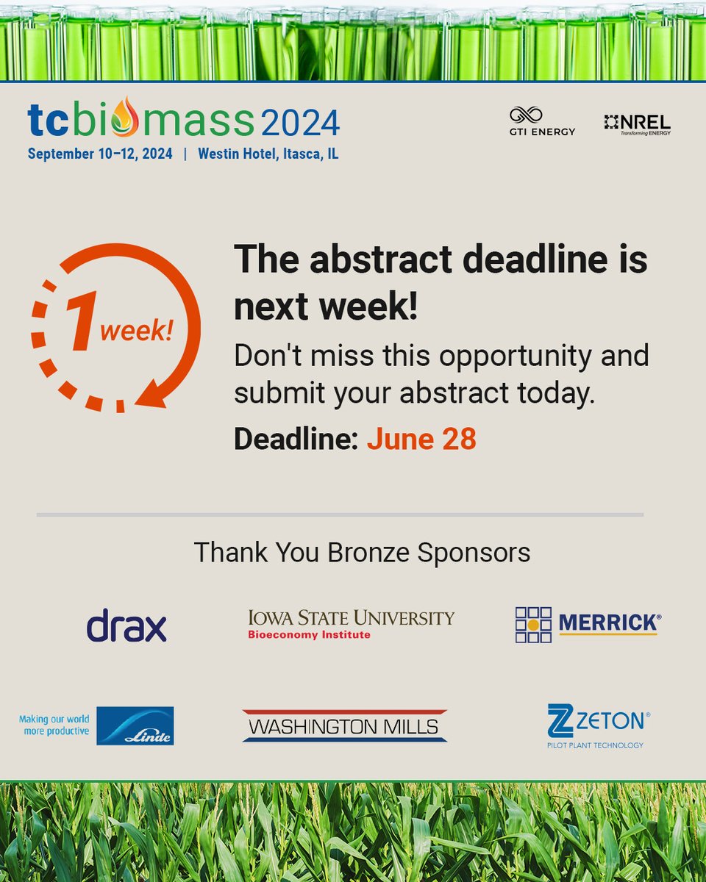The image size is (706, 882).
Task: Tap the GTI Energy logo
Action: point(542,121)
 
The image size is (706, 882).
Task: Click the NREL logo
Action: point(638,124)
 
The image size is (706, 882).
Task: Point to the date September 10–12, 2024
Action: point(100,154)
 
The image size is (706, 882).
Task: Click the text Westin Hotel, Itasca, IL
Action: point(268,154)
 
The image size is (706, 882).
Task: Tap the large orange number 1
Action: point(81,323)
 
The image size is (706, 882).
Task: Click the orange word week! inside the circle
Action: point(137,331)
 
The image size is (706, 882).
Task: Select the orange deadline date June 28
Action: point(421,439)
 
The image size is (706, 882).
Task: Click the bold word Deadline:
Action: point(296,439)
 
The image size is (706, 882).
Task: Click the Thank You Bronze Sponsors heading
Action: point(362,552)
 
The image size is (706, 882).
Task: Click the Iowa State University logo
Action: point(351,624)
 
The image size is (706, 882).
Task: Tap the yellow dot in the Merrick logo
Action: point(534,625)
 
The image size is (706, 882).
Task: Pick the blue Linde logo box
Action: point(135,725)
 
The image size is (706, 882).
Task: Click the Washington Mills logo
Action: point(344,725)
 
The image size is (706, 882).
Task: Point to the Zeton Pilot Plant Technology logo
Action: point(598,725)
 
